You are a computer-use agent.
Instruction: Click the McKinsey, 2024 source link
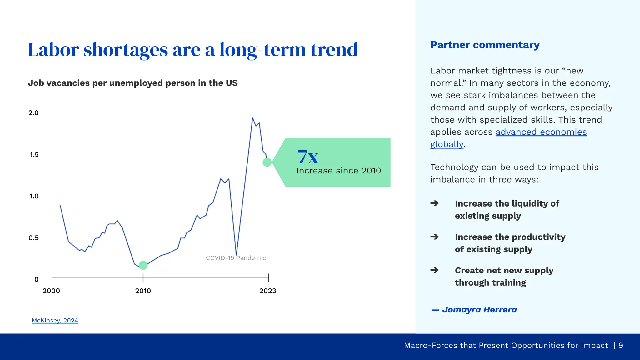[55, 321]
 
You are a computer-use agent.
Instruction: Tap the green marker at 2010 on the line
[143, 265]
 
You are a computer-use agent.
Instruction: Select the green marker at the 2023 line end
[267, 162]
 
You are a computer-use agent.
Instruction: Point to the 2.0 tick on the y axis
[33, 113]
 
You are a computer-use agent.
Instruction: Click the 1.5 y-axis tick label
[34, 155]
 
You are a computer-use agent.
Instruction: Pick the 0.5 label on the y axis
[33, 238]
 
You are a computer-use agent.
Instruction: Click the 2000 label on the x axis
[51, 291]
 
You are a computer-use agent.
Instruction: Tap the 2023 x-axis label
[268, 291]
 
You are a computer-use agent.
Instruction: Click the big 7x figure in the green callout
[308, 157]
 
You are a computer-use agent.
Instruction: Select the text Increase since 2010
[338, 171]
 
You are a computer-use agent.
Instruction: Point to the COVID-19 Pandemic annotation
[236, 258]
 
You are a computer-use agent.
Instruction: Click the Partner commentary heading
[485, 45]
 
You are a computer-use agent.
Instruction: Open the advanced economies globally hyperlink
[541, 132]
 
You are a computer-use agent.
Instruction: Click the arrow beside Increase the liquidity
[434, 203]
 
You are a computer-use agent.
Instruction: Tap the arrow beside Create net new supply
[434, 270]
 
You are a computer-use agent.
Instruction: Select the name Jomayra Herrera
[479, 310]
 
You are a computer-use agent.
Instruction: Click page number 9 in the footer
[621, 346]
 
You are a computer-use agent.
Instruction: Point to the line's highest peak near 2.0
[252, 118]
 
